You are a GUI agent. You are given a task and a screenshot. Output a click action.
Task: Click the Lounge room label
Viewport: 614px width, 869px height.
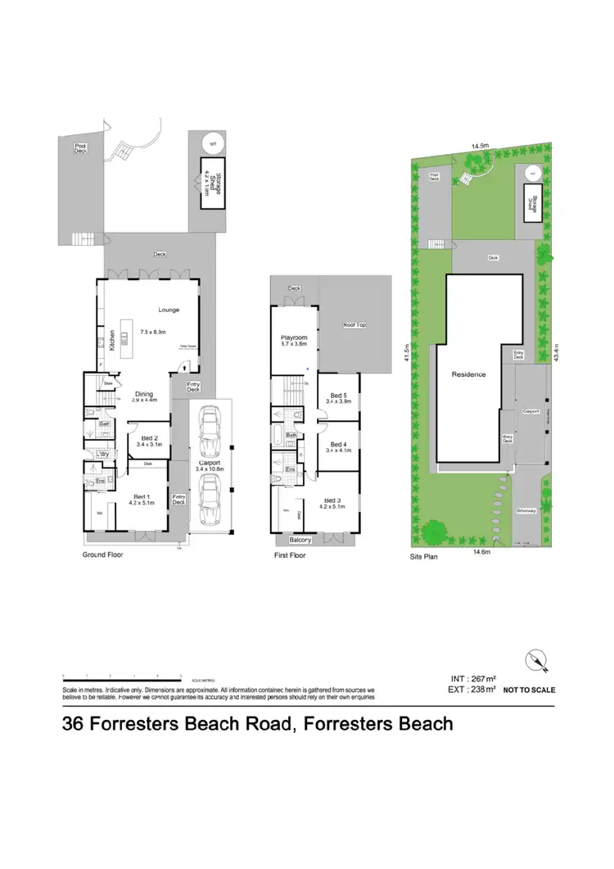tap(169, 310)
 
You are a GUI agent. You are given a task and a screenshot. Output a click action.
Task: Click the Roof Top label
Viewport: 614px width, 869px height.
tap(354, 325)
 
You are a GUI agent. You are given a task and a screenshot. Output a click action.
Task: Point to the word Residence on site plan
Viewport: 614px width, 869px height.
tap(469, 374)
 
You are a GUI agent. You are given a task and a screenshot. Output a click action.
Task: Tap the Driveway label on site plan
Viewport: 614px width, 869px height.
tap(526, 510)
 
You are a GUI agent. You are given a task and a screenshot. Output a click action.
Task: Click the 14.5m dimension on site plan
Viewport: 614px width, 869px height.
tap(480, 146)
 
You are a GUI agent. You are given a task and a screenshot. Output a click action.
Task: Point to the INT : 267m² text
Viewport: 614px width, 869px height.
tap(474, 679)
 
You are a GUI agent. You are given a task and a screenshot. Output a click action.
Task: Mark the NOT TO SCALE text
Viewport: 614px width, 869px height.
tap(529, 691)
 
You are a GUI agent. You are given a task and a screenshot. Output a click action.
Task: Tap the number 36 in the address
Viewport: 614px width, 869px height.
tap(74, 724)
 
